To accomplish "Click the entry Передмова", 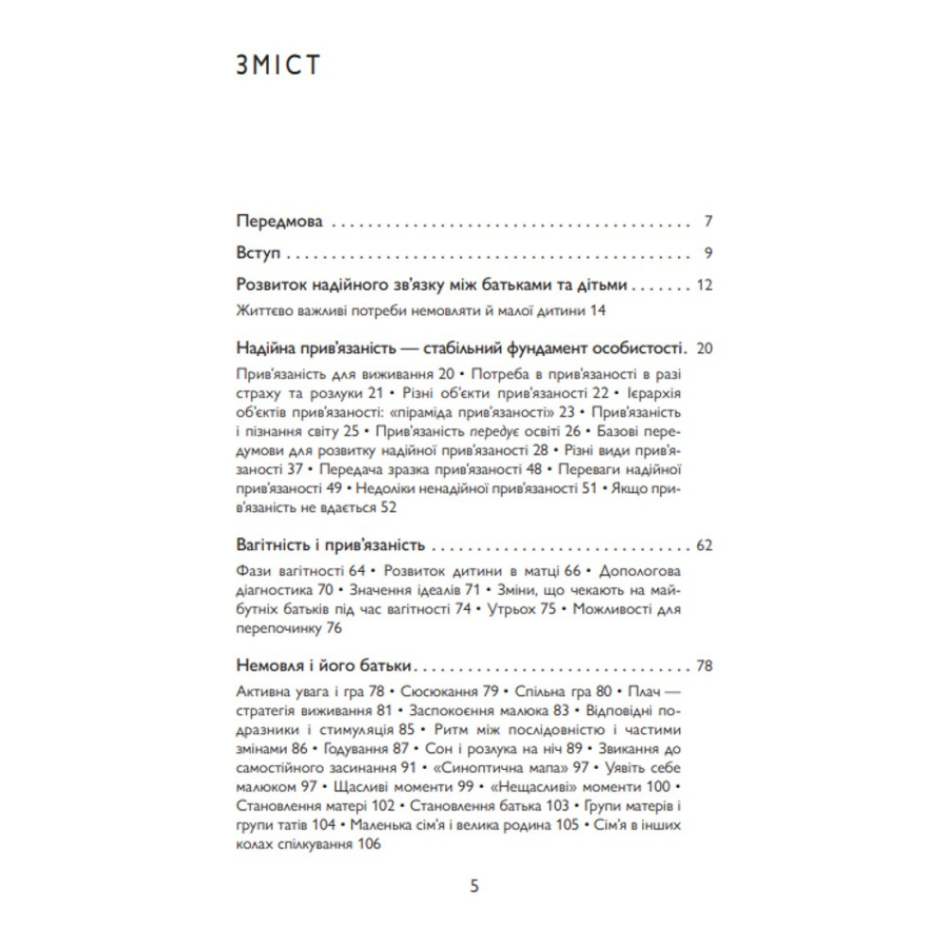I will tap(279, 223).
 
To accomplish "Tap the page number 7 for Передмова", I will tap(708, 223).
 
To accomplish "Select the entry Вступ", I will tap(253, 254).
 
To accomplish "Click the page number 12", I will tap(705, 284).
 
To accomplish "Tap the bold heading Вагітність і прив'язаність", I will tap(328, 546).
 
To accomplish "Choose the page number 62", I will tap(705, 546).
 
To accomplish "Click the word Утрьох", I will tap(512, 610).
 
